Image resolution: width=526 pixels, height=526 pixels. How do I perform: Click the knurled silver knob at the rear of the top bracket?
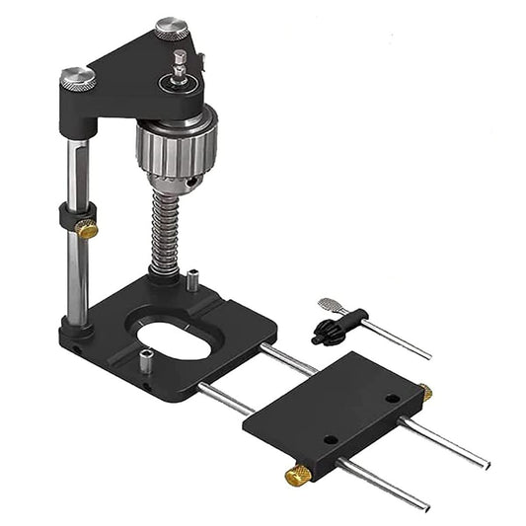pos(171,29)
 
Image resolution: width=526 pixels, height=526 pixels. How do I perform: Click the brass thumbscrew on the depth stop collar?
pos(87,230)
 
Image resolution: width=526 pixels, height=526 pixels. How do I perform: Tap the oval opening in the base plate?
pos(175,340)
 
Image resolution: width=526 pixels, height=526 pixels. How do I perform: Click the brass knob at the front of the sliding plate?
pos(298,476)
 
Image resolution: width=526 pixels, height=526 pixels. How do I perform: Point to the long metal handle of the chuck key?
pos(395,341)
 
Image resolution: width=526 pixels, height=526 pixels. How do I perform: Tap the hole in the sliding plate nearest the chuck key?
pos(392,400)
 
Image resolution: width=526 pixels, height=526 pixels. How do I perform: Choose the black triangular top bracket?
pos(138,74)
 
